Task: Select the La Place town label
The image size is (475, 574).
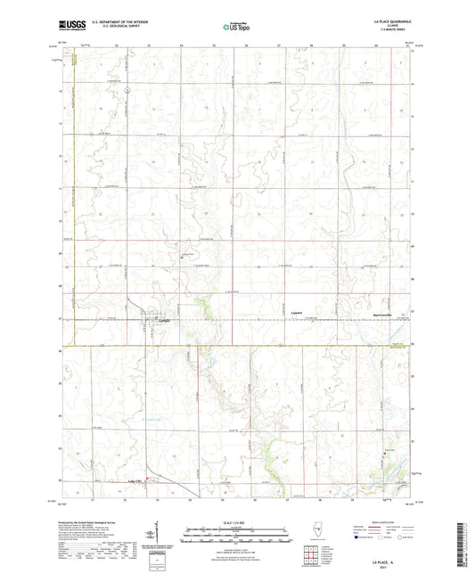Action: tap(162, 320)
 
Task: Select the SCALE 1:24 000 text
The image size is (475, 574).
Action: tap(236, 522)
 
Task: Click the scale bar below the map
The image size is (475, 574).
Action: tap(236, 537)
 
